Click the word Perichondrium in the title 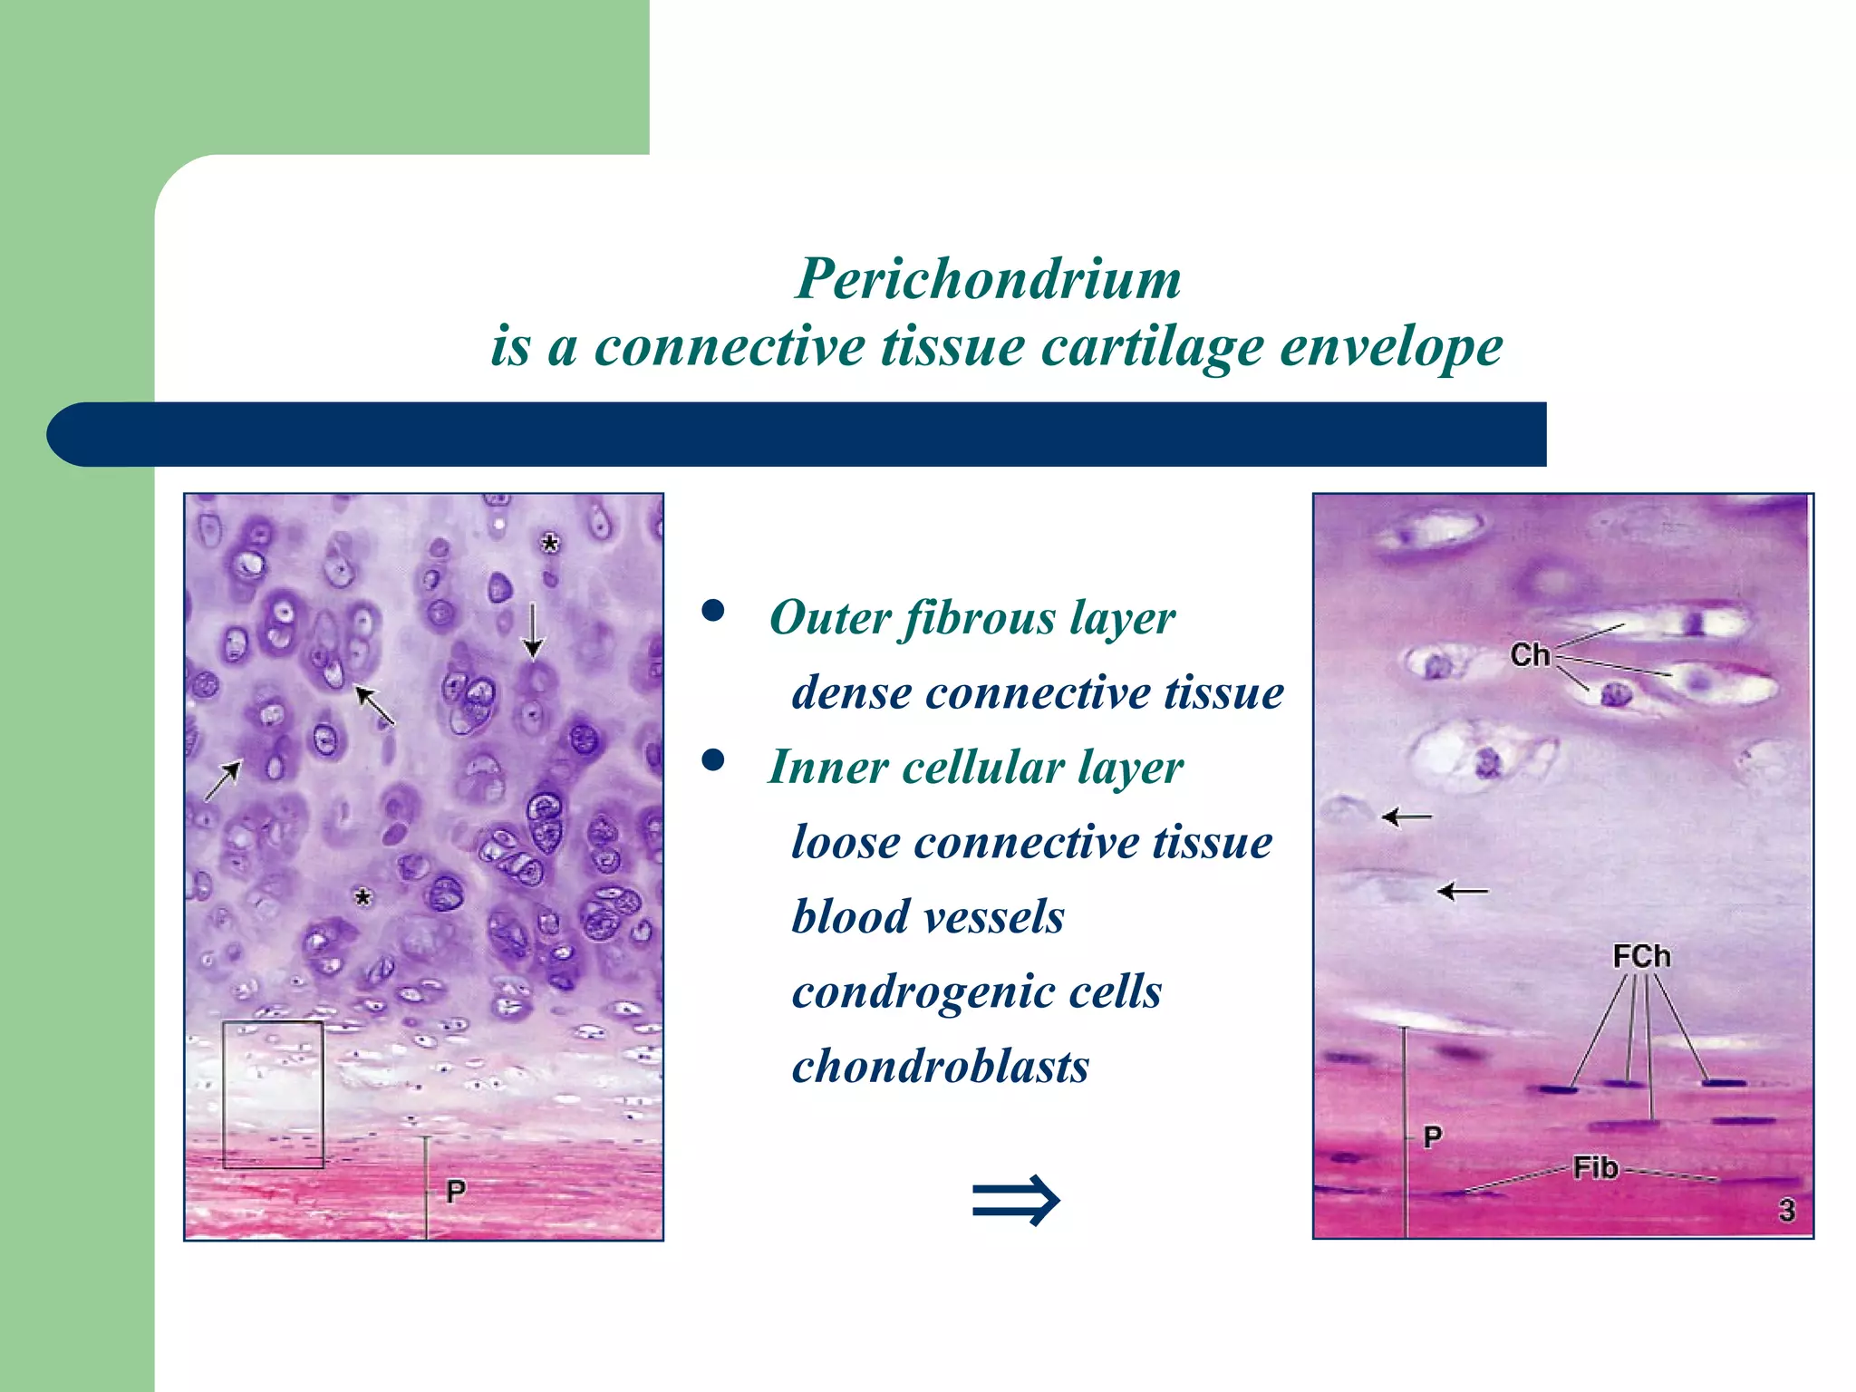click(x=988, y=278)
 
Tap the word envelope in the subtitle click(x=1391, y=347)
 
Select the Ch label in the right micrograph click(x=1530, y=654)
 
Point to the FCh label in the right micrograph click(x=1641, y=956)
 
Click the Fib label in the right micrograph click(x=1595, y=1167)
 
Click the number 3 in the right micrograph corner click(x=1786, y=1210)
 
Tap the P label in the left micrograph click(x=456, y=1192)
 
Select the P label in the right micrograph click(x=1432, y=1136)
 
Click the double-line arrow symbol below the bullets click(x=1015, y=1201)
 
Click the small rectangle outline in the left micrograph click(x=273, y=1094)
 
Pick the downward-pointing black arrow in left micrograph click(x=533, y=631)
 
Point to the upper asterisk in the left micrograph click(x=549, y=544)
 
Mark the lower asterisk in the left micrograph click(x=362, y=898)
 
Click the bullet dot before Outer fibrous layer click(x=713, y=612)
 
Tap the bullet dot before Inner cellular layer click(x=713, y=760)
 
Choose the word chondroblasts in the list click(x=940, y=1067)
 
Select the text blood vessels click(x=928, y=917)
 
